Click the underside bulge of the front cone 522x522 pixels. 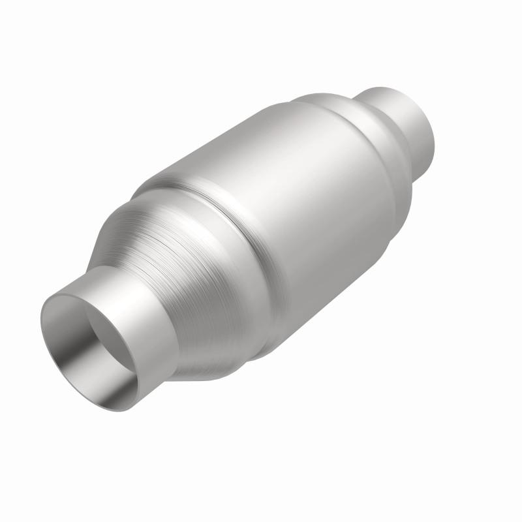(x=215, y=365)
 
